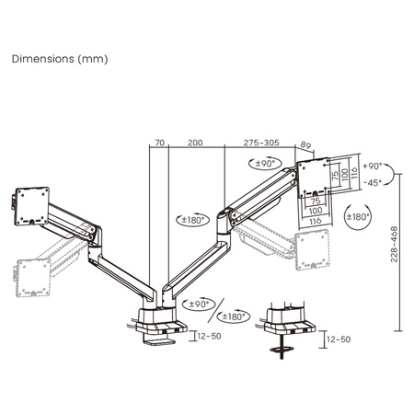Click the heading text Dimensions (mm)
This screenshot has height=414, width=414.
click(60, 58)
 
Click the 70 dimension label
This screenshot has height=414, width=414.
click(159, 144)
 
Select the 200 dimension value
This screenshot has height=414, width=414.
click(195, 144)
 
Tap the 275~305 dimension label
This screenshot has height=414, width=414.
click(262, 144)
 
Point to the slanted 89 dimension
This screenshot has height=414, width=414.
click(305, 145)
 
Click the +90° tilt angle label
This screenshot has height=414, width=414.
click(372, 167)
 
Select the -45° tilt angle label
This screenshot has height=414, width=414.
click(372, 182)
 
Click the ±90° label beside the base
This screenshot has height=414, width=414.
click(197, 305)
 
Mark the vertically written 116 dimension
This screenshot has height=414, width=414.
click(354, 172)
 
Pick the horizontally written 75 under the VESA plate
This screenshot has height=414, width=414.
click(315, 200)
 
